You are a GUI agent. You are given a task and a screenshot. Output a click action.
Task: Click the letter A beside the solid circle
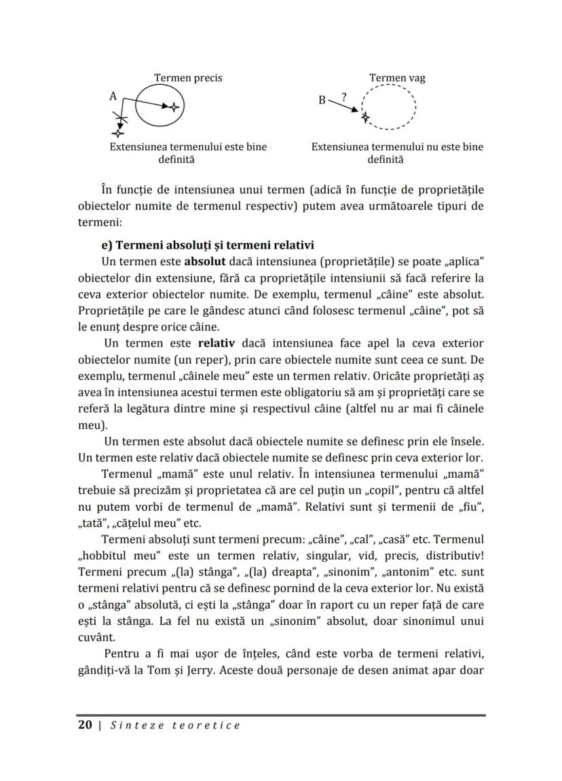[x=113, y=97]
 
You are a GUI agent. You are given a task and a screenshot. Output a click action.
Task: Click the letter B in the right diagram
[x=322, y=101]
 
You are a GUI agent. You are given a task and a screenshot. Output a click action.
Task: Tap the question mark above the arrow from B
[x=343, y=97]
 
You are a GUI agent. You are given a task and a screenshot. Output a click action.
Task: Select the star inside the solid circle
[x=174, y=107]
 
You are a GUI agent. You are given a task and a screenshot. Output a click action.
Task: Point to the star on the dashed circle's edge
[x=366, y=117]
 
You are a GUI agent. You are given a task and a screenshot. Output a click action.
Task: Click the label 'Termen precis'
[x=188, y=78]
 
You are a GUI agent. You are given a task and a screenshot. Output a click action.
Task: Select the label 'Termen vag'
[x=397, y=78]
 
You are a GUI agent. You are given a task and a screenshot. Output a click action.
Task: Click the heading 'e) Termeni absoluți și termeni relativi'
[x=207, y=245]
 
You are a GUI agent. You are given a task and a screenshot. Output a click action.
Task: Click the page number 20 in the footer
[x=85, y=725]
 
